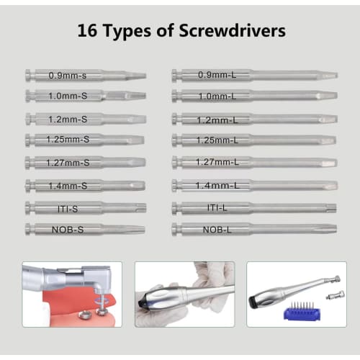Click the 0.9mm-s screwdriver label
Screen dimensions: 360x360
coord(68,75)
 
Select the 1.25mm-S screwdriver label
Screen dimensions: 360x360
coord(68,139)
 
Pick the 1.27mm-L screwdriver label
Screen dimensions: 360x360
coord(217,163)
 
